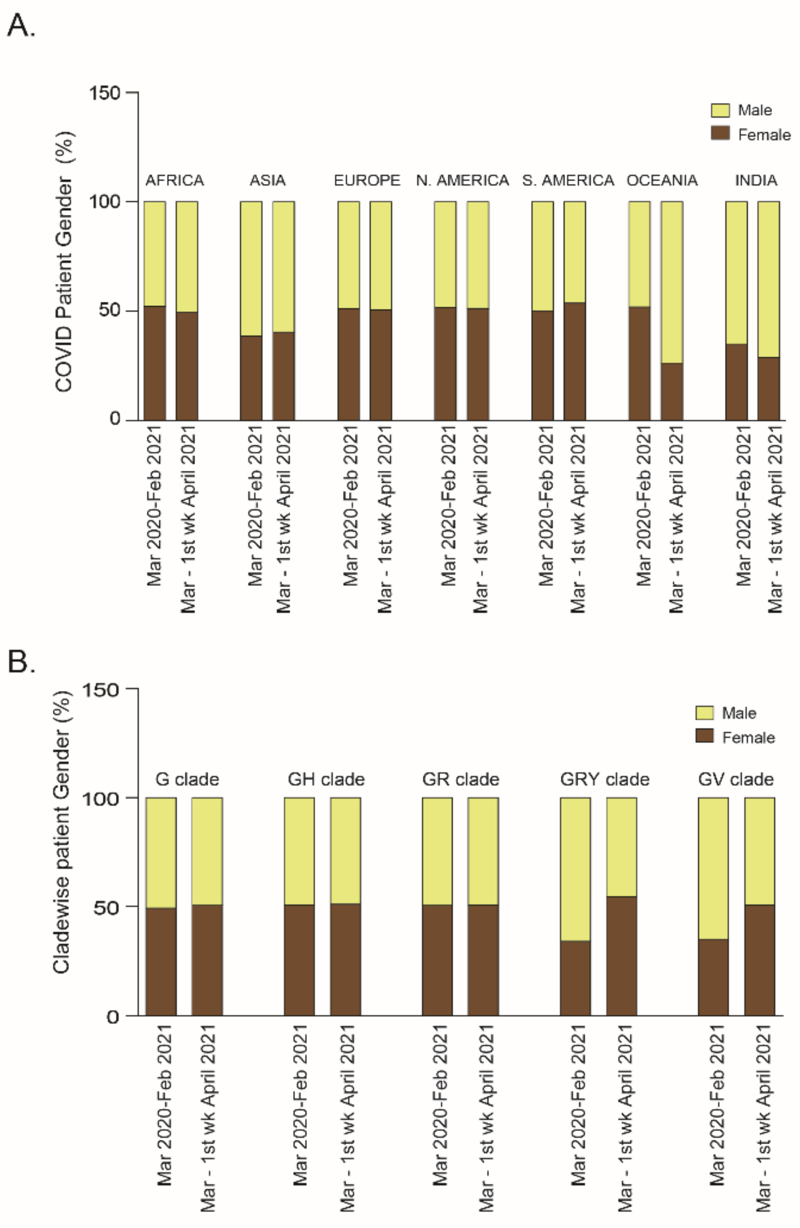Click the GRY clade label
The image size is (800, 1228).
pos(604,779)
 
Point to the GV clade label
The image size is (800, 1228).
pos(735,779)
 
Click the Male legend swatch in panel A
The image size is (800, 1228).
pos(720,110)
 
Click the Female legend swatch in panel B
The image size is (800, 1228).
pos(704,736)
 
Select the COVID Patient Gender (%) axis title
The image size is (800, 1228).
pos(65,262)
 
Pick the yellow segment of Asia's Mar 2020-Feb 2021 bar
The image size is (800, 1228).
pos(251,268)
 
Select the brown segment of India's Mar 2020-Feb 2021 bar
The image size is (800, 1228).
pos(736,382)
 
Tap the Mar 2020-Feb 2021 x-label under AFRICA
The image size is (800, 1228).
pos(154,506)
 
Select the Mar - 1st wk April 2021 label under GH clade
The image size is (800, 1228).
pos(347,1117)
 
